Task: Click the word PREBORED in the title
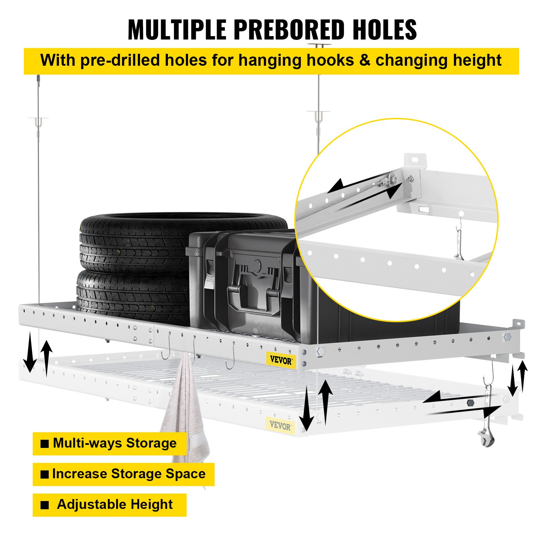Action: pos(289,30)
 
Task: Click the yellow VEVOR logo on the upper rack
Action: pos(281,360)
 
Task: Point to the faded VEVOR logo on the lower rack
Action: pos(280,425)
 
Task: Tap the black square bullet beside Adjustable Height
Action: pos(45,505)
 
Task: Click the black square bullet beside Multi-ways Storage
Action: pos(45,444)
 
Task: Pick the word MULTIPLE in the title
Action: pos(176,30)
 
